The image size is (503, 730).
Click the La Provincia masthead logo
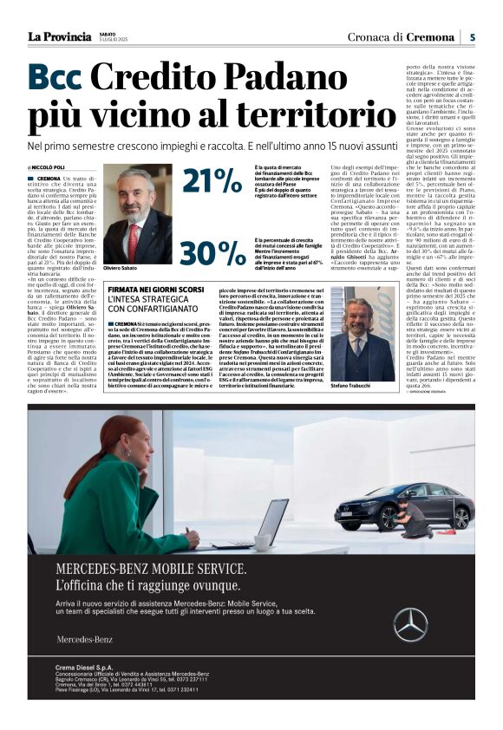point(59,36)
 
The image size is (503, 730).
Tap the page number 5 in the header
point(471,36)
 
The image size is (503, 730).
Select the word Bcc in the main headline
point(56,79)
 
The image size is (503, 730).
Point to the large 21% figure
point(212,182)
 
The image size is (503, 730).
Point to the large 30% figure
point(212,252)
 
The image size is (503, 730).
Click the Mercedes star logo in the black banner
point(410,623)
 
